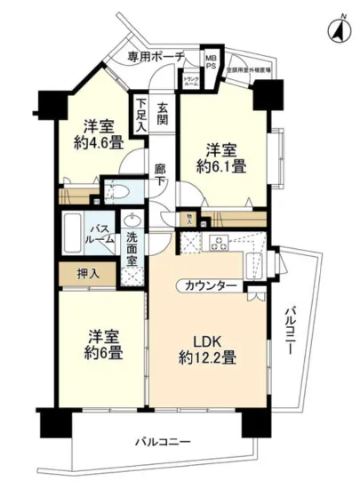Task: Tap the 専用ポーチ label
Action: click(x=155, y=57)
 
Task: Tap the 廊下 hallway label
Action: click(x=160, y=172)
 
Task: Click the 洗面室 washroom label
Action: click(x=132, y=244)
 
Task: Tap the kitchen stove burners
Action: click(x=217, y=241)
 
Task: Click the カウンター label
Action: click(x=212, y=285)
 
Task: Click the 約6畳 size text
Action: click(x=104, y=352)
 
